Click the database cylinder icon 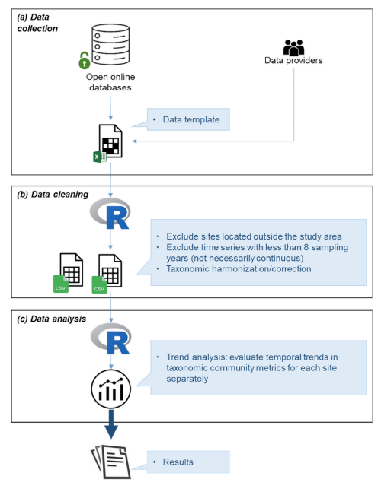pyautogui.click(x=110, y=44)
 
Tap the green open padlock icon pyautogui.click(x=84, y=61)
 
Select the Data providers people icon pyautogui.click(x=293, y=47)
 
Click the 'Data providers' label pyautogui.click(x=293, y=60)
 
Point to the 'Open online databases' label pyautogui.click(x=110, y=82)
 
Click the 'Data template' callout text pyautogui.click(x=191, y=119)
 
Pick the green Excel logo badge pyautogui.click(x=99, y=157)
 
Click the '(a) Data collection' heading pyautogui.click(x=37, y=23)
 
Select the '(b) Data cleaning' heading pyautogui.click(x=53, y=195)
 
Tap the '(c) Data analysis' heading pyautogui.click(x=52, y=319)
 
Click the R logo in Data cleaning pyautogui.click(x=110, y=214)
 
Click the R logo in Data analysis pyautogui.click(x=110, y=339)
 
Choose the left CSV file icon pyautogui.click(x=69, y=273)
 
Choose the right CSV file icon pyautogui.click(x=107, y=273)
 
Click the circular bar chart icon pyautogui.click(x=110, y=389)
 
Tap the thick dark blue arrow pyautogui.click(x=111, y=424)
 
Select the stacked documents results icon pyautogui.click(x=110, y=462)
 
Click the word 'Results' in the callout pyautogui.click(x=178, y=462)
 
